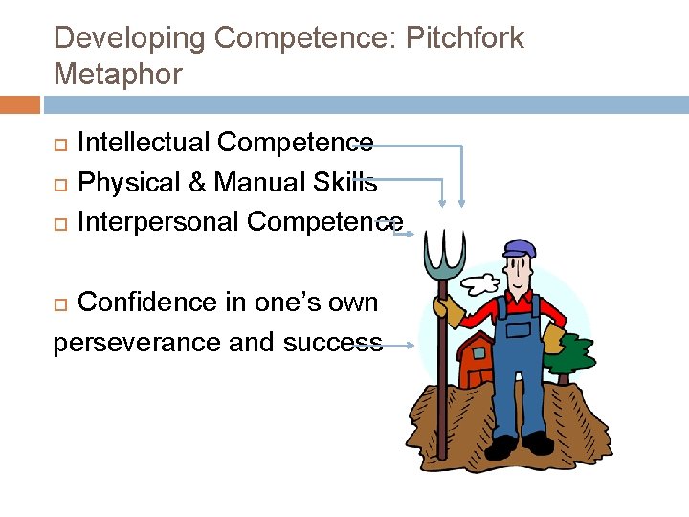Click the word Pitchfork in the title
coord(466,38)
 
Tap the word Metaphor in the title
coord(118,74)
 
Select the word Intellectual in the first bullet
coord(144,143)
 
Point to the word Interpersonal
coord(158,221)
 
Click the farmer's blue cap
coord(518,247)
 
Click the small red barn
coord(476,361)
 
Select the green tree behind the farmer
coord(570,354)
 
